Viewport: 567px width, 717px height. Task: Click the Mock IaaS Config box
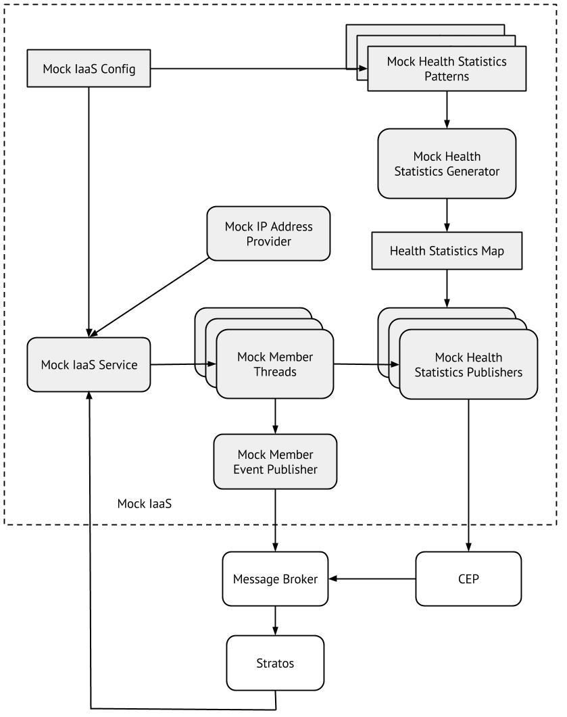[89, 69]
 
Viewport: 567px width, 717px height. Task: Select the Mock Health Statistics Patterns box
[447, 69]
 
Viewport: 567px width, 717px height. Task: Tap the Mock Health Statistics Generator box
[447, 164]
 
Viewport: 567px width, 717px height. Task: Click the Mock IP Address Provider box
[268, 234]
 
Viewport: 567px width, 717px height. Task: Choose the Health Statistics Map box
[447, 251]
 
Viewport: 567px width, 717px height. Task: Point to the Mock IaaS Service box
[89, 365]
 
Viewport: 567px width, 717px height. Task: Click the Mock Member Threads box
[275, 364]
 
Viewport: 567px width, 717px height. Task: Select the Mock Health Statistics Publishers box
[468, 365]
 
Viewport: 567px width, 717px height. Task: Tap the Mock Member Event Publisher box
[275, 462]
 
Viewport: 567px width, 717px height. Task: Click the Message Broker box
[275, 579]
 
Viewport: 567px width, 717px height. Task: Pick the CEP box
[468, 579]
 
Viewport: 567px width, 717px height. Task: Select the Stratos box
[275, 663]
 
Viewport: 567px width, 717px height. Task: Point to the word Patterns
[447, 76]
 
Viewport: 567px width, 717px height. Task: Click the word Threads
[275, 372]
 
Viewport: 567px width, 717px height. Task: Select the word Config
[118, 69]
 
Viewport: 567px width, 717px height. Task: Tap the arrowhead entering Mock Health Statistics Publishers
[396, 364]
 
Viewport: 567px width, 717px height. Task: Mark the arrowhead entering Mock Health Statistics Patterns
[364, 69]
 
